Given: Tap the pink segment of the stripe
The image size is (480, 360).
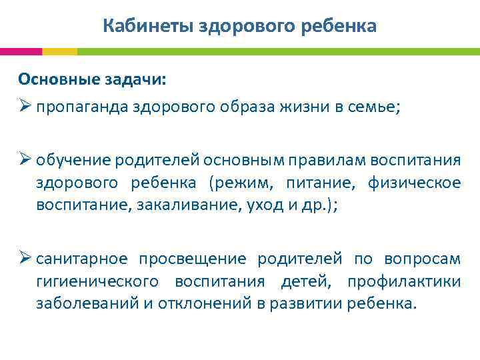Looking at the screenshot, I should click(21, 51).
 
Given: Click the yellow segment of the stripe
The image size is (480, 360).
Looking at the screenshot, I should click(59, 51).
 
